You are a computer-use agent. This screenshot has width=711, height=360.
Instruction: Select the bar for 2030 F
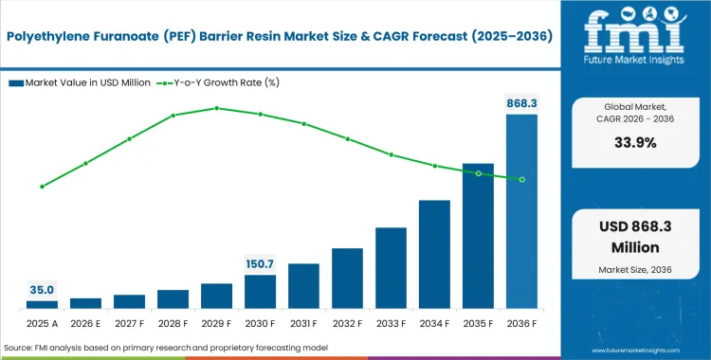[260, 291]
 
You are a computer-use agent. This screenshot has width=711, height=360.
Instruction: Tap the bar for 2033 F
[391, 267]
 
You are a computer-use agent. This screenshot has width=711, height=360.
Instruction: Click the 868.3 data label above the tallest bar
[521, 101]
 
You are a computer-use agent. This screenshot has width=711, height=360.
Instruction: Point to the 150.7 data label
[260, 262]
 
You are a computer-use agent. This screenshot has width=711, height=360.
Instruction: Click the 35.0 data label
[42, 289]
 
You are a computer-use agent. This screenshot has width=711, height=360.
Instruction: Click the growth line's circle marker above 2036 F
[521, 179]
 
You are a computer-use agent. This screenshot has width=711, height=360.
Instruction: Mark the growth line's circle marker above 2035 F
[478, 173]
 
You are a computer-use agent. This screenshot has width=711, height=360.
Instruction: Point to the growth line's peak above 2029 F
[216, 108]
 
